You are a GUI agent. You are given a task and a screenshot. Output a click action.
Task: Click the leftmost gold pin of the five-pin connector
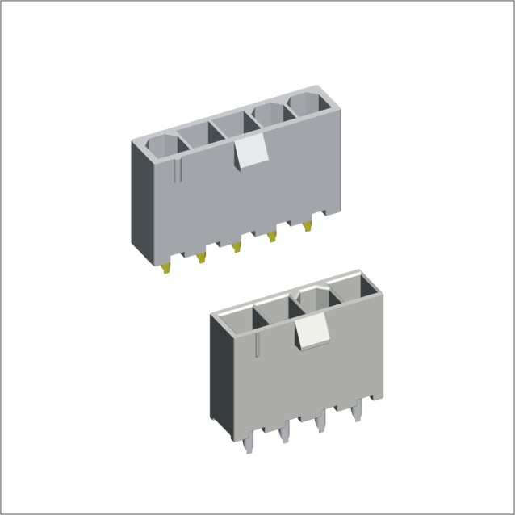[x=166, y=267]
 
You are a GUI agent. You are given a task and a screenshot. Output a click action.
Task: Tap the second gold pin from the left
[x=201, y=257]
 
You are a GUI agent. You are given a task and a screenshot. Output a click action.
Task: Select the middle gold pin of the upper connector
[x=236, y=245]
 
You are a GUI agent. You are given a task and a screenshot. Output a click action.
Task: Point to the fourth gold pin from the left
[x=271, y=236]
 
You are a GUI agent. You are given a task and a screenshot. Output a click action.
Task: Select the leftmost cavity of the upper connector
[x=162, y=147]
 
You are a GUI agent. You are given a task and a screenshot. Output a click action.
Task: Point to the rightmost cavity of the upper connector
[x=303, y=105]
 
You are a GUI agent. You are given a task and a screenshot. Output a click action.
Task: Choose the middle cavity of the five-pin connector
[x=230, y=127]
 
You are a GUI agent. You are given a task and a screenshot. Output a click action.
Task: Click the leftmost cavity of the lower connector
[x=234, y=320]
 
